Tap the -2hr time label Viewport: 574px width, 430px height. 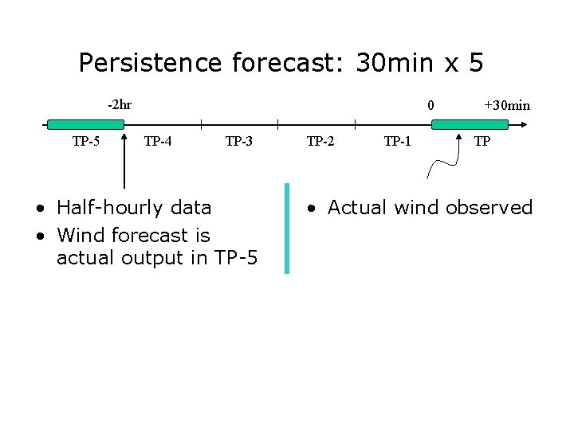pos(120,104)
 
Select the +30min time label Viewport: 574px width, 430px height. pos(507,105)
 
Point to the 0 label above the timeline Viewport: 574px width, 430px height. pos(431,105)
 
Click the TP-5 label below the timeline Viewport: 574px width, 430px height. pos(86,142)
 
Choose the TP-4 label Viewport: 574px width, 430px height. pos(158,142)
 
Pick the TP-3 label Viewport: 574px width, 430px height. pos(239,142)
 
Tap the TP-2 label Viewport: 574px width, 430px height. pos(320,142)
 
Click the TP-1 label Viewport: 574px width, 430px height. pos(398,142)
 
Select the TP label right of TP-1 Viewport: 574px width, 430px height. pos(482,142)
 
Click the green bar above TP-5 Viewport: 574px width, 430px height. pos(85,124)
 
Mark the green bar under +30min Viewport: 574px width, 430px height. pos(470,124)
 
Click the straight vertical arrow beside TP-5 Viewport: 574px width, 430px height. pos(124,163)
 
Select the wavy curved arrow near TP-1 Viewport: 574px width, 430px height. pos(443,163)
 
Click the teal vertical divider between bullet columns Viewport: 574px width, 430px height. pos(287,228)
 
